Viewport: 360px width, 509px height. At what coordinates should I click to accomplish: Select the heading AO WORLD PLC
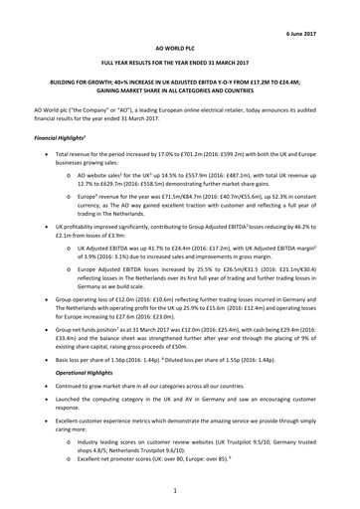(x=180, y=46)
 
